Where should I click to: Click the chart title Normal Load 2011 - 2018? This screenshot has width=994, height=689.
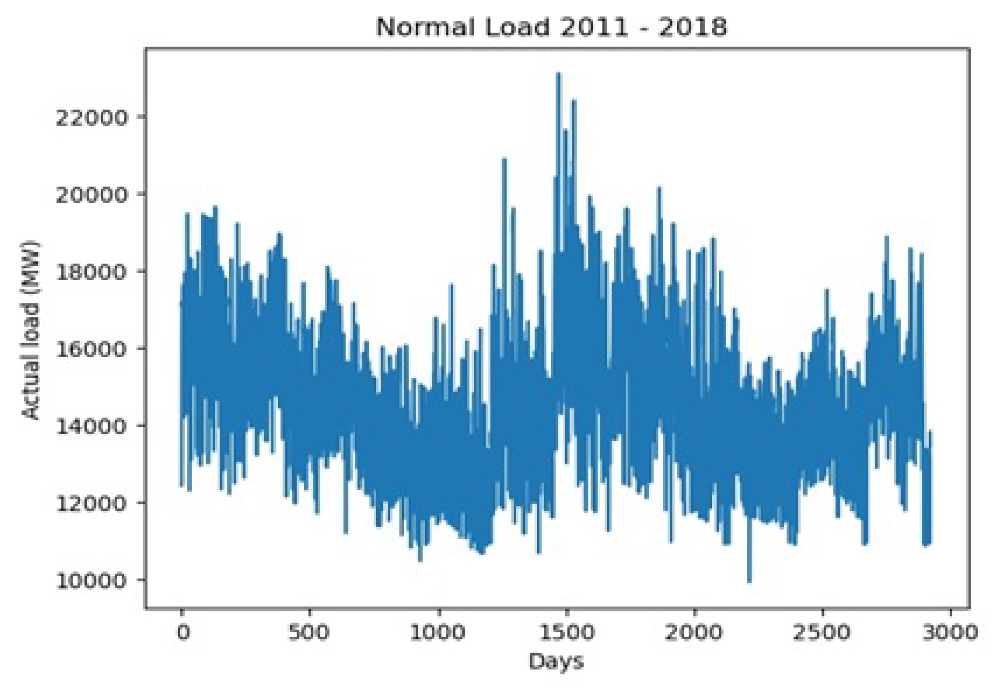(552, 27)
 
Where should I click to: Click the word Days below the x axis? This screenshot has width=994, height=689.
(556, 661)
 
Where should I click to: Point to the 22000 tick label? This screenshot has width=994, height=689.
(92, 118)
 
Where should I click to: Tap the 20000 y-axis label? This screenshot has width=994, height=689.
(92, 195)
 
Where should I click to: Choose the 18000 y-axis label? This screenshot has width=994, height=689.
(92, 272)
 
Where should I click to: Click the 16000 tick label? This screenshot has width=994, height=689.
(92, 349)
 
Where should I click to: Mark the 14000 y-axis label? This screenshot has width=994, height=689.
(92, 426)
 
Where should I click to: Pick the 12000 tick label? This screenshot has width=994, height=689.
(92, 503)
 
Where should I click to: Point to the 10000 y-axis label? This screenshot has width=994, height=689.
(92, 580)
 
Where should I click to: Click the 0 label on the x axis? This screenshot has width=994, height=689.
(183, 632)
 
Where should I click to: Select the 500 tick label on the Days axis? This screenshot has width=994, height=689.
(309, 632)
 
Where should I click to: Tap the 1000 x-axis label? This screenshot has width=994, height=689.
(438, 632)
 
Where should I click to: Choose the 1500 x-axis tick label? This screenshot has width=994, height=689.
(566, 632)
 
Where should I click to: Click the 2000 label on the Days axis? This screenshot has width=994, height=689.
(694, 632)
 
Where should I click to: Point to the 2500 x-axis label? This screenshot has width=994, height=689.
(822, 632)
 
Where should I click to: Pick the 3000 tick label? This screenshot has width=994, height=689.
(950, 632)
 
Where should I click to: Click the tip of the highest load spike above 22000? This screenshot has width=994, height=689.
(558, 74)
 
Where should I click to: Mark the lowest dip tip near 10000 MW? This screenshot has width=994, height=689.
(749, 581)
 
